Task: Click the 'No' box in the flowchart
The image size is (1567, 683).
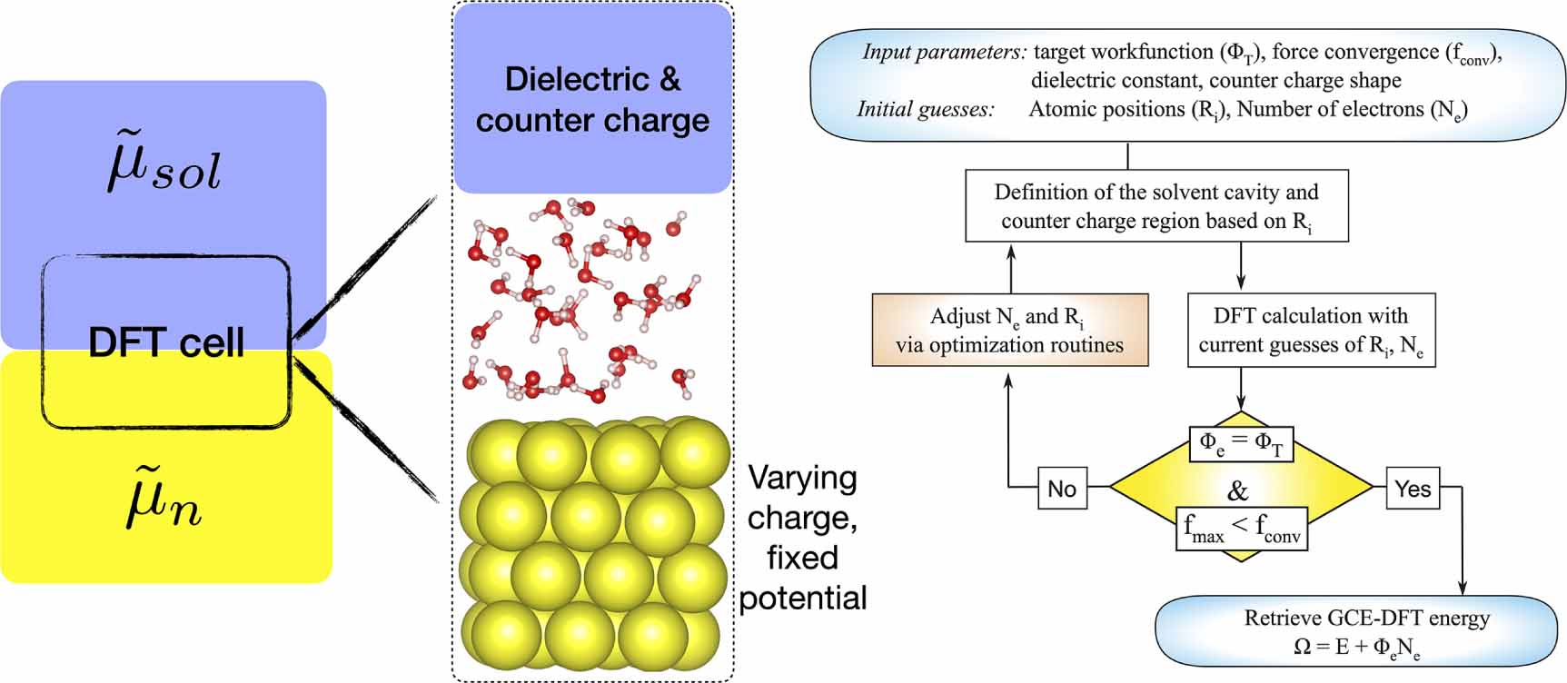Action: click(x=1062, y=489)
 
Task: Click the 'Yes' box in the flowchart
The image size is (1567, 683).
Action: click(x=1413, y=489)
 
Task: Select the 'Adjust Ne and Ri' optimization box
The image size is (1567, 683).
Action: click(x=1009, y=330)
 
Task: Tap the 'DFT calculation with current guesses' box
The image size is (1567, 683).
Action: click(x=1311, y=330)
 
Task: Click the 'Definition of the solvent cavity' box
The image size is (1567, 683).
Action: click(x=1155, y=206)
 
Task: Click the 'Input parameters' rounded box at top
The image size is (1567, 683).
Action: click(x=1187, y=84)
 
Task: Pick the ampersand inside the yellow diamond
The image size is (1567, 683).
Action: click(x=1238, y=491)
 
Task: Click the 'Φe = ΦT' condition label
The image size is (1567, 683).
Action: click(x=1241, y=444)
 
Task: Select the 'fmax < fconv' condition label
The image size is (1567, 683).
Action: click(x=1242, y=529)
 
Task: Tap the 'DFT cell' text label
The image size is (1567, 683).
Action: click(x=166, y=342)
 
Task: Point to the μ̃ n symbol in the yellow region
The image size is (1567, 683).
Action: click(x=164, y=502)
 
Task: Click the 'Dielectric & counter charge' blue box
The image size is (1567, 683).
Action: click(x=592, y=100)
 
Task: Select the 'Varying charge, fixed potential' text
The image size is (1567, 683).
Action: click(x=802, y=538)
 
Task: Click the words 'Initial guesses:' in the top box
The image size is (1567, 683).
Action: click(x=925, y=110)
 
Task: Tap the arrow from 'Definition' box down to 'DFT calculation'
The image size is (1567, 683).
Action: click(x=1241, y=272)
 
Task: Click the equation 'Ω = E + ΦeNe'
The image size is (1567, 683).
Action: click(x=1357, y=648)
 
